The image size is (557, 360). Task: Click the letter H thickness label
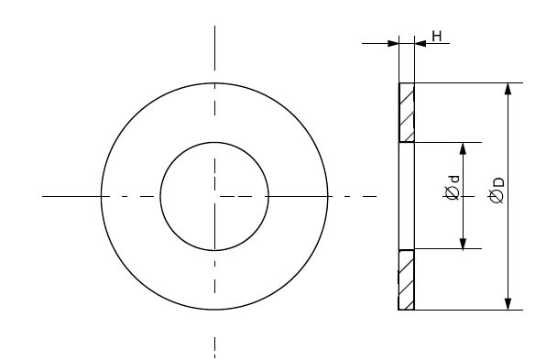pos(437,36)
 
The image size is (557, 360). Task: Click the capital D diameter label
pos(498,182)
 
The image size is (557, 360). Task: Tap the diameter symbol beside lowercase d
pos(453,193)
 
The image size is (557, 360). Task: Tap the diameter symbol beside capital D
pos(497,197)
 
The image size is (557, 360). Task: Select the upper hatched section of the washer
pos(407,113)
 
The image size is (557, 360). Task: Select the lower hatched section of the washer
pos(407,279)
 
